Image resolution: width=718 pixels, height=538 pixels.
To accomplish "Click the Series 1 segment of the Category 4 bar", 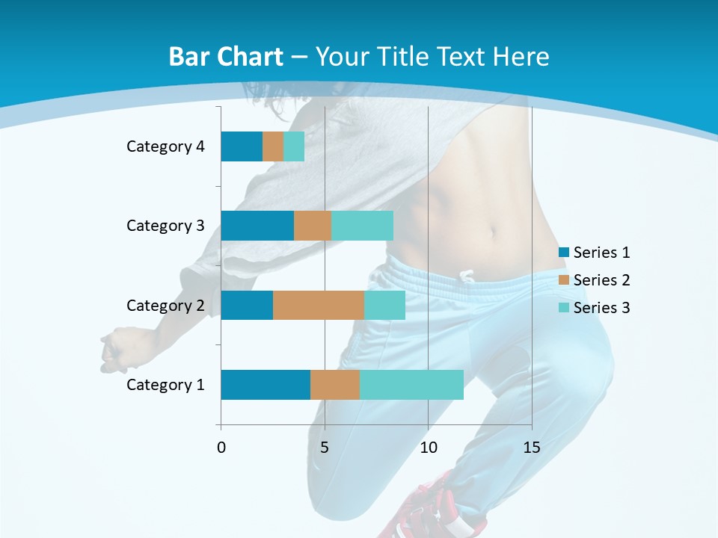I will [x=242, y=146].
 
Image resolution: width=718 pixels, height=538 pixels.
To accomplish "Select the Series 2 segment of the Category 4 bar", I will [x=273, y=146].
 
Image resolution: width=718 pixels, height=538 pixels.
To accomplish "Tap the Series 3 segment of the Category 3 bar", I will [x=362, y=226].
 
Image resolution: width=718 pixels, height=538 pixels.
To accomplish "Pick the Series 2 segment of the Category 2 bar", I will [x=319, y=305].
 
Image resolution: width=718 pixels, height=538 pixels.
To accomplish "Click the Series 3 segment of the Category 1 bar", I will [x=411, y=385].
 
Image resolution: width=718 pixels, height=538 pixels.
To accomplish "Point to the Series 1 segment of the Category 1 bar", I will [x=266, y=385].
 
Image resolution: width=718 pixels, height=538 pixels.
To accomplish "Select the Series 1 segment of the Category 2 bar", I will [x=247, y=305].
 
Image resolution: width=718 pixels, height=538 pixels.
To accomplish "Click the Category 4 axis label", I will [x=165, y=146].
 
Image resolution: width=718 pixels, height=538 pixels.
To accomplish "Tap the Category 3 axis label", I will [x=165, y=226].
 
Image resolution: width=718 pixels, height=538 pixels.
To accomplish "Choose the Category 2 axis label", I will [x=165, y=305].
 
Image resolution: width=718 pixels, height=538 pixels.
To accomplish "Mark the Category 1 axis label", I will [x=165, y=385].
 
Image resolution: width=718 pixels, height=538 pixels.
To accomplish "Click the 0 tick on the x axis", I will [x=221, y=448].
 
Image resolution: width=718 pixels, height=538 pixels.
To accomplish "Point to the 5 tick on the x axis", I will [x=325, y=448].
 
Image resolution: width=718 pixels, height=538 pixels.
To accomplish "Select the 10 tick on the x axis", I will [x=428, y=448].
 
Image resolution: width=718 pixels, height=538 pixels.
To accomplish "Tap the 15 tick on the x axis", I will [x=532, y=448].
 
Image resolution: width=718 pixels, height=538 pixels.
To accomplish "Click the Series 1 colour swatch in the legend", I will [x=564, y=253].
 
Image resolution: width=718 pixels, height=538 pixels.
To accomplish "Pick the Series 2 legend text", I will [x=601, y=280].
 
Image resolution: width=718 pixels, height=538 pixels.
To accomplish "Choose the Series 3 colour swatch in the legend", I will [x=564, y=308].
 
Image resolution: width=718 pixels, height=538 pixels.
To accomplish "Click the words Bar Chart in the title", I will [x=225, y=57].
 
